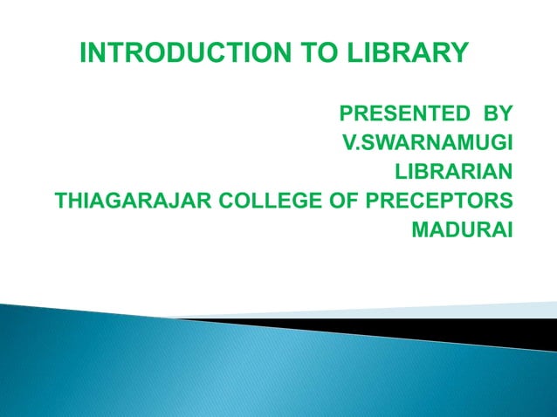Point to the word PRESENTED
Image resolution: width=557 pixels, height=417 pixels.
click(400, 113)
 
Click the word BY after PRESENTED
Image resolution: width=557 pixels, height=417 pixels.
click(495, 113)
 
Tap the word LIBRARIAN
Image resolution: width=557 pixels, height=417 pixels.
click(455, 172)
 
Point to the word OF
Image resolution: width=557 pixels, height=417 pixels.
click(354, 202)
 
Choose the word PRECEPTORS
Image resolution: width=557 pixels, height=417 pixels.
click(443, 202)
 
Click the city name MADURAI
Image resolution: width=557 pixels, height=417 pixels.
click(462, 231)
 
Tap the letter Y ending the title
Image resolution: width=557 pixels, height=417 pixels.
click(459, 54)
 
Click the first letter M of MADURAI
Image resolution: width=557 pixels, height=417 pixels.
click(419, 231)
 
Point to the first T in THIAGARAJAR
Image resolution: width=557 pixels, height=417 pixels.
click(61, 202)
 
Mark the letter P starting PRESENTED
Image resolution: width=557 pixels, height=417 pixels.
click(346, 113)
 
